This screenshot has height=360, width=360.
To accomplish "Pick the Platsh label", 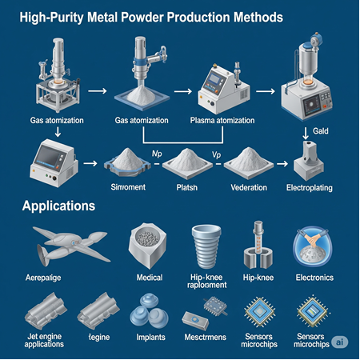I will tap(186, 189).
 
